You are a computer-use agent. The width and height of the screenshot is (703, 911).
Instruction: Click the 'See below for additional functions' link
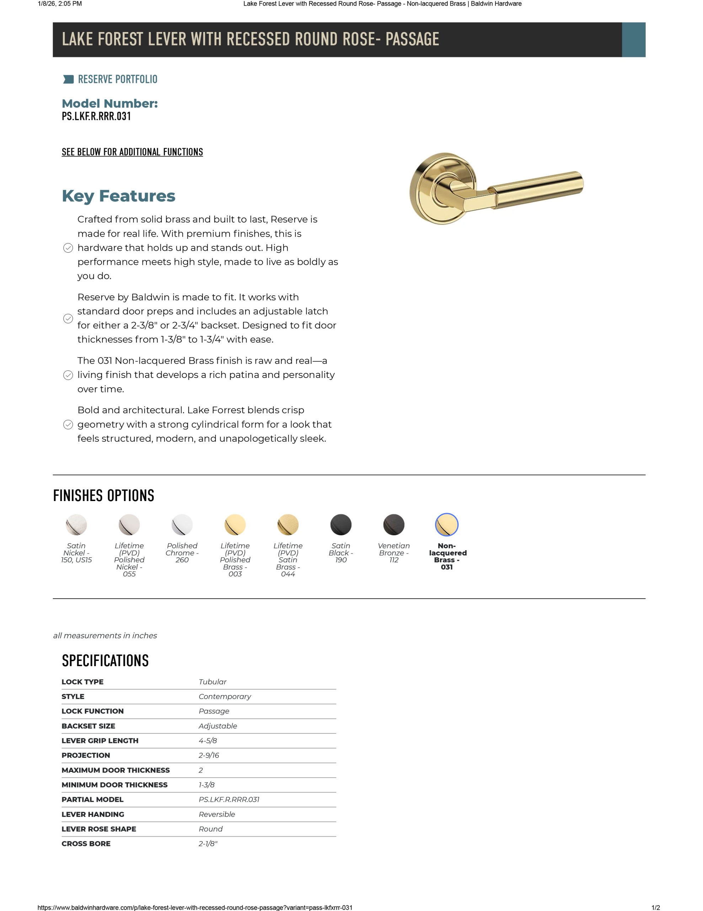132,152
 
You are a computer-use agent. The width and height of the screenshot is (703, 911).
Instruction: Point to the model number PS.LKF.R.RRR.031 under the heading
96,116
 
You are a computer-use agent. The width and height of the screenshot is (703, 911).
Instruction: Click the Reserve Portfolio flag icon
68,79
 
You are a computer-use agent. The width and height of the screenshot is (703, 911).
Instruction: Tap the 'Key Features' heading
118,196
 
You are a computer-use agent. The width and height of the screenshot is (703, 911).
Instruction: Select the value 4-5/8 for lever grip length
208,741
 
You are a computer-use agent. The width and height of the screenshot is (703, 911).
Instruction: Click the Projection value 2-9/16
209,755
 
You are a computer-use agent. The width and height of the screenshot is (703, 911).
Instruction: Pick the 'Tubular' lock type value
212,681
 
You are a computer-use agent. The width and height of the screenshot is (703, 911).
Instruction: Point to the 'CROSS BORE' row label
86,843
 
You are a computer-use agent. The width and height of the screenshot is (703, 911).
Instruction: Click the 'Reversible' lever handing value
217,814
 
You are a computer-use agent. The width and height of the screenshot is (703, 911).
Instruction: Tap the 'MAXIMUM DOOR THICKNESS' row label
116,770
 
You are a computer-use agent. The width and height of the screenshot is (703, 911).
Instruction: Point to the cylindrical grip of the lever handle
538,188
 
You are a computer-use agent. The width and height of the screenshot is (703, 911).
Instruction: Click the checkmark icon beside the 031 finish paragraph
68,375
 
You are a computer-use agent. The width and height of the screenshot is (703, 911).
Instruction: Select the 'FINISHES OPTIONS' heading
103,496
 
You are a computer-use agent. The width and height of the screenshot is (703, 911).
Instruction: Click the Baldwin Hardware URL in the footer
195,907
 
